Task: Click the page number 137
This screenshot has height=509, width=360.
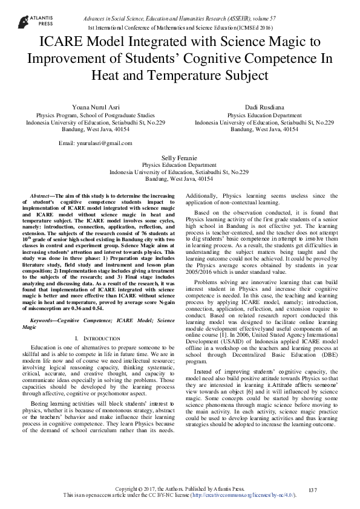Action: click(313, 489)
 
